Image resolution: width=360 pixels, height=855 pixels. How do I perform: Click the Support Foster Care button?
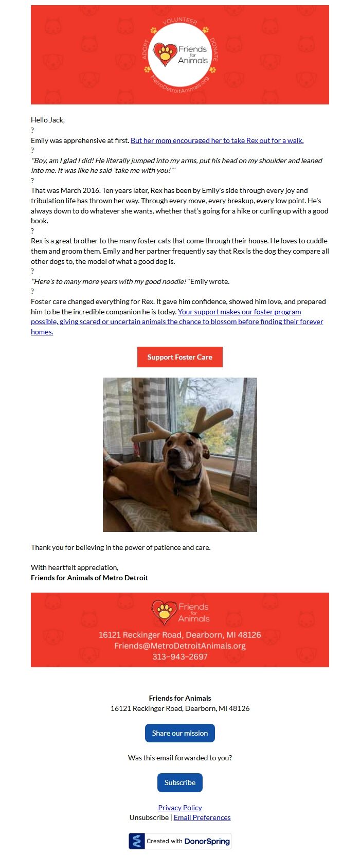click(x=179, y=357)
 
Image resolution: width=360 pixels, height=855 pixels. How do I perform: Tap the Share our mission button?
click(x=179, y=733)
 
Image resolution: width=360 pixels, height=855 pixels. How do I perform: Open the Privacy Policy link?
click(x=179, y=808)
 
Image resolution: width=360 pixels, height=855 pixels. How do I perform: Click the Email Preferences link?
click(x=202, y=817)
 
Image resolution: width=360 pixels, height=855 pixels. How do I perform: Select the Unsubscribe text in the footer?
click(x=149, y=817)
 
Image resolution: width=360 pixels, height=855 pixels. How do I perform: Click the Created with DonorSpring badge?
click(x=179, y=841)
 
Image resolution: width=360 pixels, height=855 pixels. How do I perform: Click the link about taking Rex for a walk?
click(x=217, y=140)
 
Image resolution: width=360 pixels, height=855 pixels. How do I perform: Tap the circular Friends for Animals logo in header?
click(x=179, y=55)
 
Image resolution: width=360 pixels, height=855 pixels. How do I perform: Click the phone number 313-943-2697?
click(x=179, y=657)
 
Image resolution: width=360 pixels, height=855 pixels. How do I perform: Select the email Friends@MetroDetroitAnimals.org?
click(x=179, y=646)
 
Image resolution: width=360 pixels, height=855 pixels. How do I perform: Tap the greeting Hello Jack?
click(x=48, y=120)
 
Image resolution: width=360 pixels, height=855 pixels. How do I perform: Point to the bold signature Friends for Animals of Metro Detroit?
click(x=89, y=578)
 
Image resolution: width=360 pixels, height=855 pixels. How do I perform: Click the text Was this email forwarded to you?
click(x=179, y=758)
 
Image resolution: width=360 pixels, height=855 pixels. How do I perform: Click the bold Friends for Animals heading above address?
click(x=179, y=698)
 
